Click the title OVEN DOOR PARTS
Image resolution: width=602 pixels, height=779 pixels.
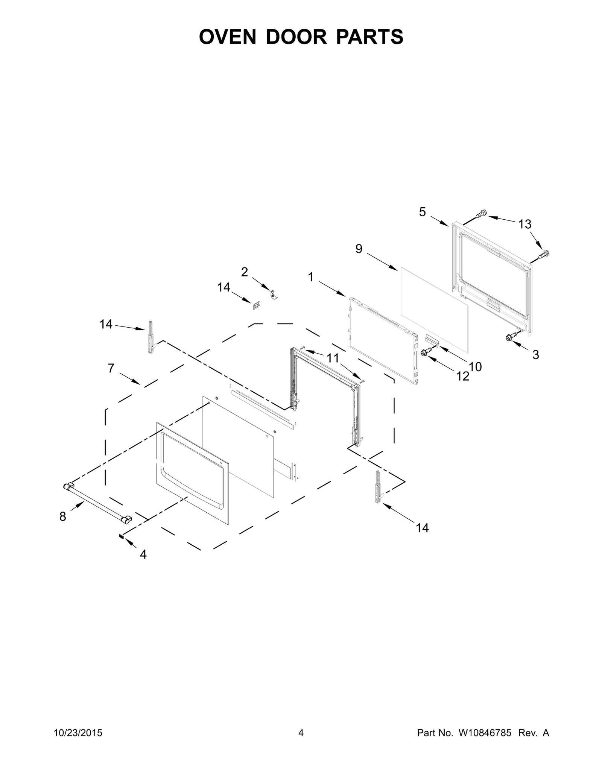[x=301, y=37]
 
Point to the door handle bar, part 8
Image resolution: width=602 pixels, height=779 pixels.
[x=97, y=503]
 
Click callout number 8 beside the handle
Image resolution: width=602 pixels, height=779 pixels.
[x=62, y=517]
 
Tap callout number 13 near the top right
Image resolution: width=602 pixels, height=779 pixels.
[x=524, y=224]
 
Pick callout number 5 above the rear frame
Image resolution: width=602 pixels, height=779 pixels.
[x=422, y=212]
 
